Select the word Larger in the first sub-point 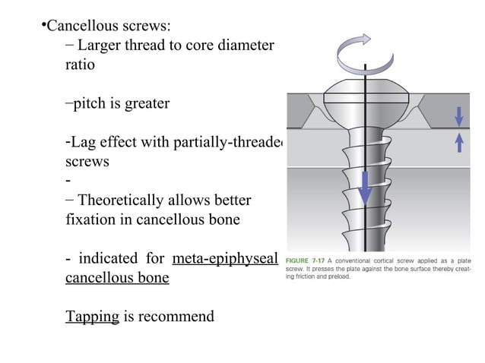(x=99, y=46)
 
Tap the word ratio (x=80, y=65)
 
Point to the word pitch (x=90, y=103)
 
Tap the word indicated (x=116, y=258)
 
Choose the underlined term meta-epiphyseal (x=226, y=258)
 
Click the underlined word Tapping (x=92, y=316)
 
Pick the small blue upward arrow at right (x=458, y=141)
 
